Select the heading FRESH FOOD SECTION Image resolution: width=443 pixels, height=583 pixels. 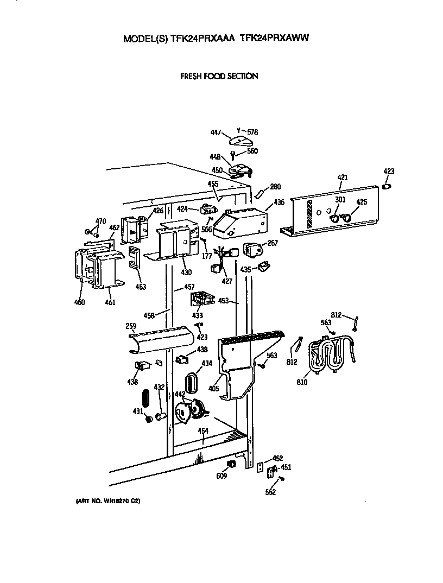click(219, 77)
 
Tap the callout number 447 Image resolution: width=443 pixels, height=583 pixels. click(216, 132)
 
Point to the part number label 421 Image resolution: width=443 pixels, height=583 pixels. click(342, 178)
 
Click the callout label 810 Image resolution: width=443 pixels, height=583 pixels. click(302, 382)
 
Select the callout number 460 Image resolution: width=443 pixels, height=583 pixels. click(80, 302)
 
